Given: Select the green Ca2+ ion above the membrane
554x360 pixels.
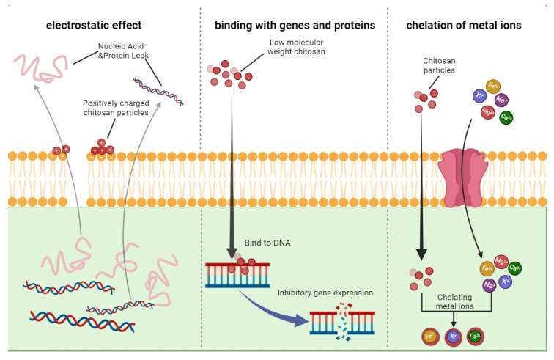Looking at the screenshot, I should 506,117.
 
